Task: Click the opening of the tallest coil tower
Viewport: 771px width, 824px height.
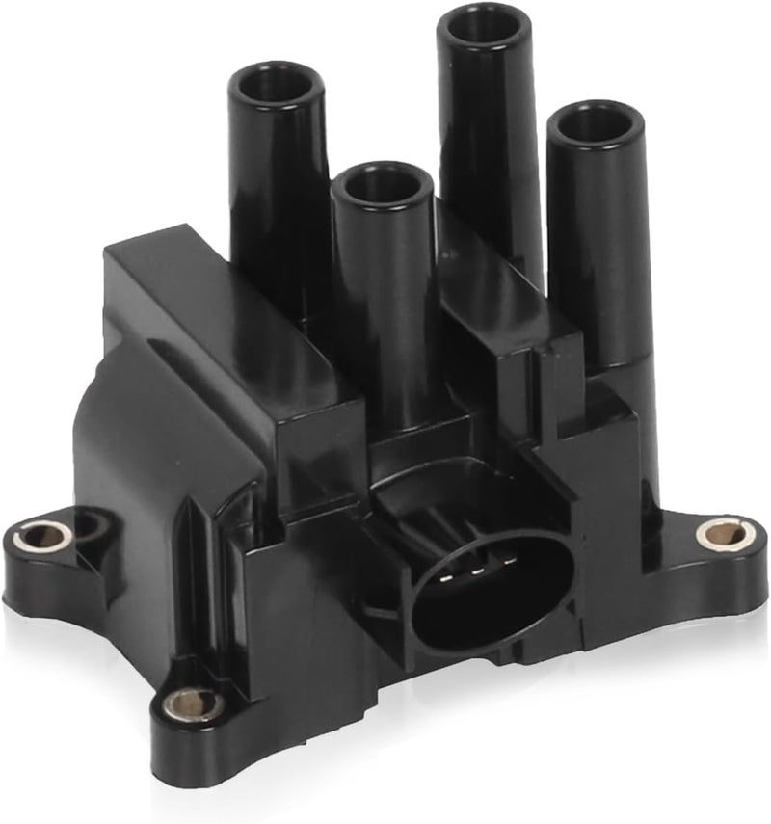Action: pos(483,27)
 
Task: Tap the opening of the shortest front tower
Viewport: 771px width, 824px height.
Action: pos(383,183)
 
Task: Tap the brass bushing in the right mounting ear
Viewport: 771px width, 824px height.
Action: pos(719,532)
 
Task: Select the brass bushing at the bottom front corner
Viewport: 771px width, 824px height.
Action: pos(193,704)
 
